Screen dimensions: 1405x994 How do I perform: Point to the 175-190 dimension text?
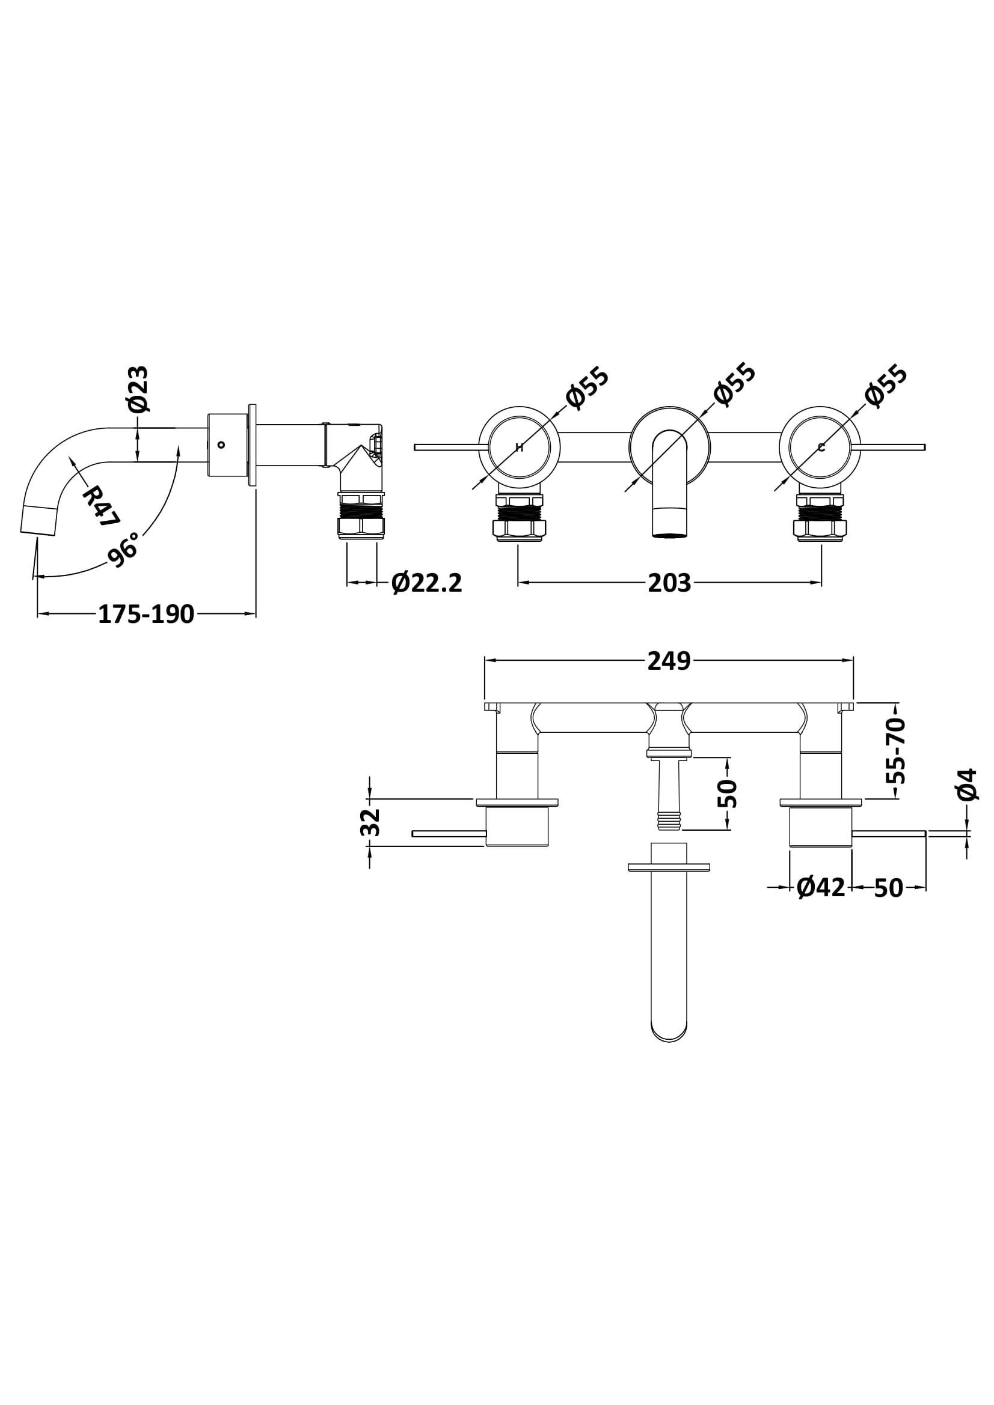pyautogui.click(x=146, y=614)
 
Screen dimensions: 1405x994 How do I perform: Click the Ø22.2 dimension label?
pyautogui.click(x=426, y=583)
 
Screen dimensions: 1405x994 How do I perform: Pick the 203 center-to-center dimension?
pyautogui.click(x=669, y=584)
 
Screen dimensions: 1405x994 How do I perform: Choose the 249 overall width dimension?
pyautogui.click(x=669, y=661)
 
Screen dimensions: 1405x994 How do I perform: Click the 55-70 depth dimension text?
pyautogui.click(x=896, y=751)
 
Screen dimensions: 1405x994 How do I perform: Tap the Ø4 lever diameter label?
pyautogui.click(x=966, y=784)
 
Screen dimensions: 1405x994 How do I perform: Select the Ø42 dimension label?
pyautogui.click(x=821, y=888)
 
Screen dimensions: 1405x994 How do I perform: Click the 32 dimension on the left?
pyautogui.click(x=372, y=822)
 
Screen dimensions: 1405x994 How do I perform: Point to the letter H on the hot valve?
pyautogui.click(x=520, y=448)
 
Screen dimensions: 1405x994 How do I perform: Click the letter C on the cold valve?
pyautogui.click(x=821, y=448)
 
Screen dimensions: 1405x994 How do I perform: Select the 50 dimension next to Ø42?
pyautogui.click(x=889, y=888)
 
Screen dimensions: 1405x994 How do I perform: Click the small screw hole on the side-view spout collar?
pyautogui.click(x=222, y=445)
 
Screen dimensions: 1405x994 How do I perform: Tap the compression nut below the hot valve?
pyautogui.click(x=519, y=528)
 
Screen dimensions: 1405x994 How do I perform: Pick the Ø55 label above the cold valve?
pyautogui.click(x=886, y=386)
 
